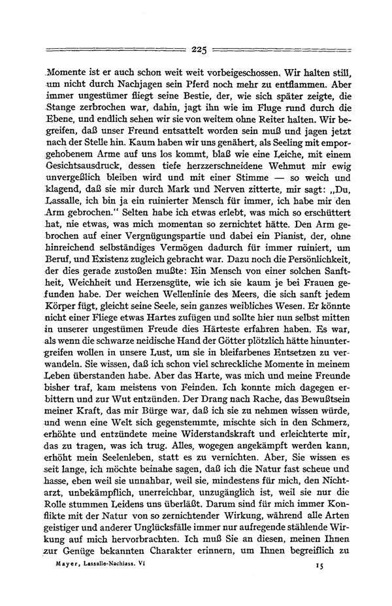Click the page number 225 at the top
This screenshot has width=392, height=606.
(199, 49)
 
